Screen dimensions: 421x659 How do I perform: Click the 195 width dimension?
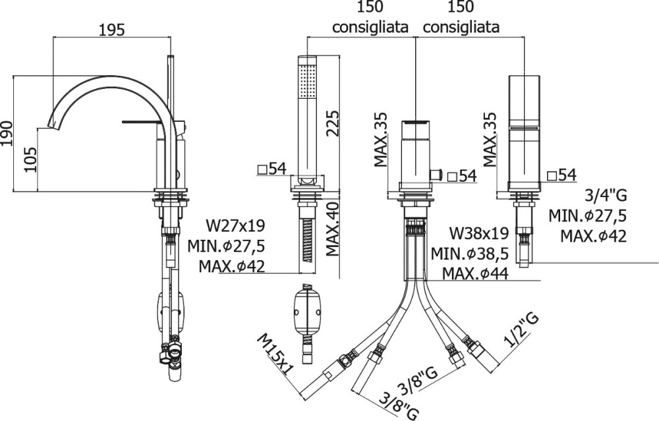(112, 30)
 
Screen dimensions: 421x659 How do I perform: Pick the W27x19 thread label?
(235, 227)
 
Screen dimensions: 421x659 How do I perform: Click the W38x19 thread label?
(478, 233)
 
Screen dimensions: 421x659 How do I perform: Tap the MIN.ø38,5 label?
(470, 254)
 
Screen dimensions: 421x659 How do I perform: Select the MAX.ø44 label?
(475, 273)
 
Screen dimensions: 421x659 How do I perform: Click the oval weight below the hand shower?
(307, 310)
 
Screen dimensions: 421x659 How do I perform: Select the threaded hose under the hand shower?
(307, 240)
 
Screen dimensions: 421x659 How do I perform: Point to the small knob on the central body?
(434, 174)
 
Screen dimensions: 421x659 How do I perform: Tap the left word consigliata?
(370, 28)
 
